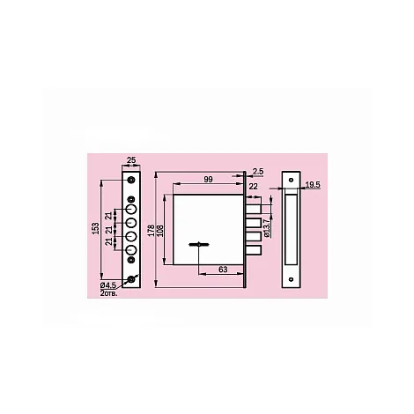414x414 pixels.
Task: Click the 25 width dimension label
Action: click(131, 160)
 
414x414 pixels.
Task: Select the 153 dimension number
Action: click(96, 228)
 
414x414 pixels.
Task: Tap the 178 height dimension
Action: click(151, 231)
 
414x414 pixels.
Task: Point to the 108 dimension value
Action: click(160, 231)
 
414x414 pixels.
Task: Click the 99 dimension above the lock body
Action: click(208, 180)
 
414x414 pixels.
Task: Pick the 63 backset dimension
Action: click(223, 270)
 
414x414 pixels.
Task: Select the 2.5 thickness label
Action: click(258, 172)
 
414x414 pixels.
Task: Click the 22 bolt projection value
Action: click(253, 186)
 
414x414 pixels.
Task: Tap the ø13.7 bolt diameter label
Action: click(267, 228)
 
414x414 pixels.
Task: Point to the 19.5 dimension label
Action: click(313, 185)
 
